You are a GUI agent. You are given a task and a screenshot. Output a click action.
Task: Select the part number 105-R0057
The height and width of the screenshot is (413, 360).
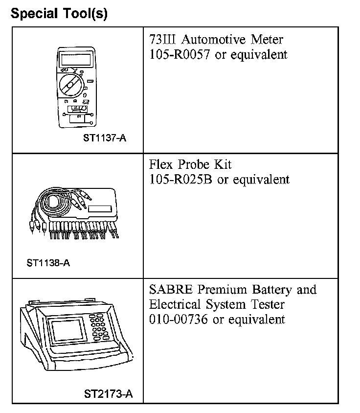pos(179,54)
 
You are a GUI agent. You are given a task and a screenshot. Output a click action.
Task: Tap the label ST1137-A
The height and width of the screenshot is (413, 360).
pos(105,138)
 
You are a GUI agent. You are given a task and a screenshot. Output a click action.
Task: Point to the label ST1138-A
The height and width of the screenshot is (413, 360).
pos(48,263)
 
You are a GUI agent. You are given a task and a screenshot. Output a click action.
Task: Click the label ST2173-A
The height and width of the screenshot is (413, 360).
pos(108,393)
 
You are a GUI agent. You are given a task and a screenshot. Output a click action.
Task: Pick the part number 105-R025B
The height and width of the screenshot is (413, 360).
pos(180,180)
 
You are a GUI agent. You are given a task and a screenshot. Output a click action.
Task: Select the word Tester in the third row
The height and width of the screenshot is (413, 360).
pos(267,304)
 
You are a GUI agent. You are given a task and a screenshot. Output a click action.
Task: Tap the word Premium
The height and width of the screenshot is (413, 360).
pos(218,289)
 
